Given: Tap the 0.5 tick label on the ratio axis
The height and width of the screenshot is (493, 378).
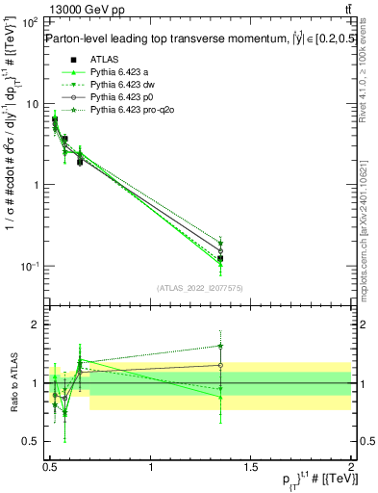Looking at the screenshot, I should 31,442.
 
